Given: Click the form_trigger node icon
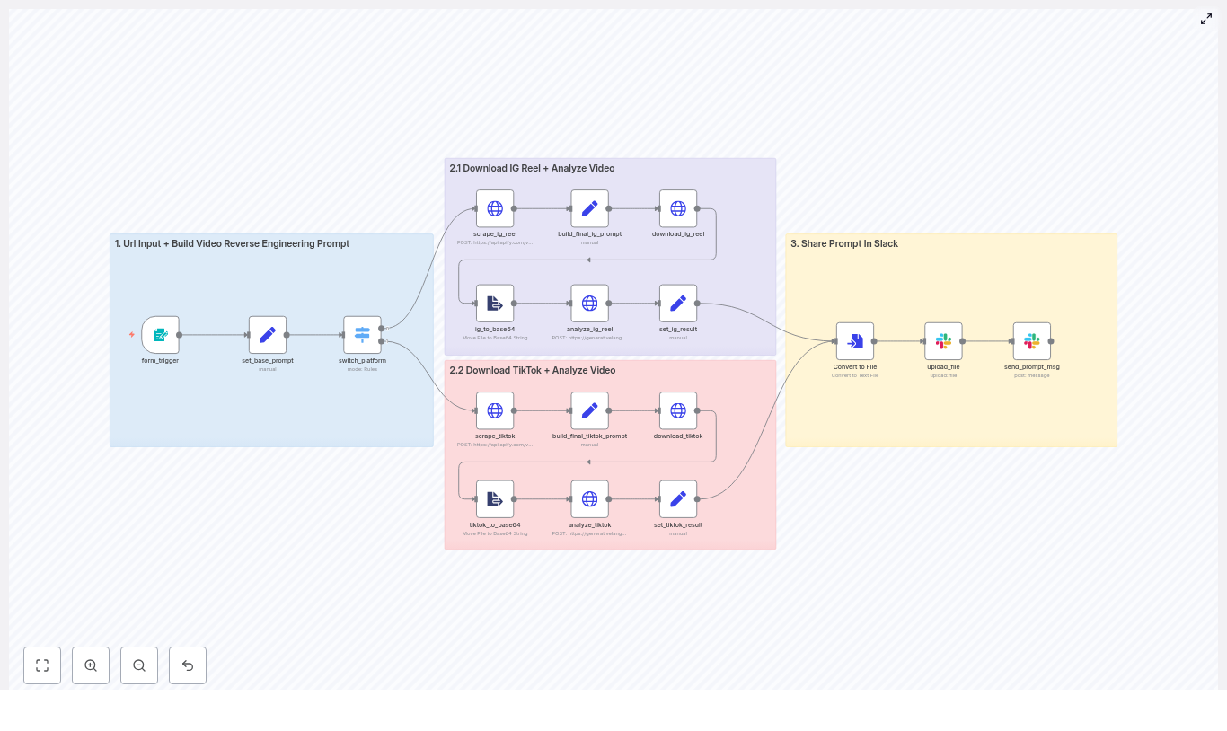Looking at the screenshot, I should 160,335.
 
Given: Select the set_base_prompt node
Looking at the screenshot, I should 268,335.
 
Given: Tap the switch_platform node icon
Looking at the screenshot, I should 362,335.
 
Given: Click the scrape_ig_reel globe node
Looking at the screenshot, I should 495,208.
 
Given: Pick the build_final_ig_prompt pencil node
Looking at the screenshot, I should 589,208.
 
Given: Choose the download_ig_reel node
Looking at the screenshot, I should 678,208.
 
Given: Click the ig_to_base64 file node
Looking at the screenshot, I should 495,304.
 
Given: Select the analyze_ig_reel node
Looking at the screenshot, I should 589,304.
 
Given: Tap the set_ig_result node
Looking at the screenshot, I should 678,304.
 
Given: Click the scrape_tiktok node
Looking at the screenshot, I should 495,410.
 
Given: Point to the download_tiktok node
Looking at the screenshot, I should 678,410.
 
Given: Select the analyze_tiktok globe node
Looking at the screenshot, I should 589,499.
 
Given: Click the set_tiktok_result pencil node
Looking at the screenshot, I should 678,499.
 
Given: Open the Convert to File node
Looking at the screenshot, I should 855,341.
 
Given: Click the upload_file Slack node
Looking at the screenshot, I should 943,341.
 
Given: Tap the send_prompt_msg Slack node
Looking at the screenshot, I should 1032,341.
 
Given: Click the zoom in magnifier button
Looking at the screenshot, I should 91,665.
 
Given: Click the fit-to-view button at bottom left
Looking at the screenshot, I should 42,665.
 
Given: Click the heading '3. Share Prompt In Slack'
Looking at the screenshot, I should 844,243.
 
